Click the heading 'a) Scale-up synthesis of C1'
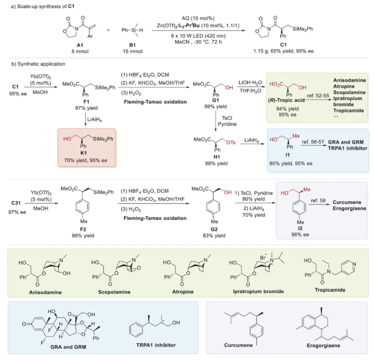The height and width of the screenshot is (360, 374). [41, 5]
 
